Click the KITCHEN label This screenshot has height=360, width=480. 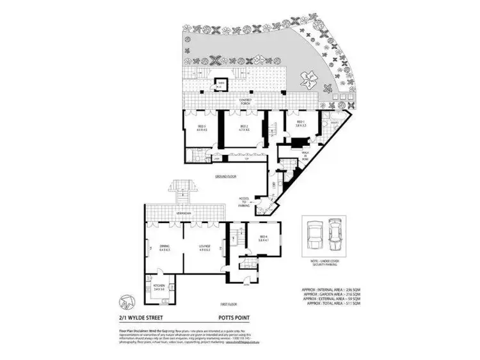coord(159,288)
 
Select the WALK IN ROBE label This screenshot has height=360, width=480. coord(306,155)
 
